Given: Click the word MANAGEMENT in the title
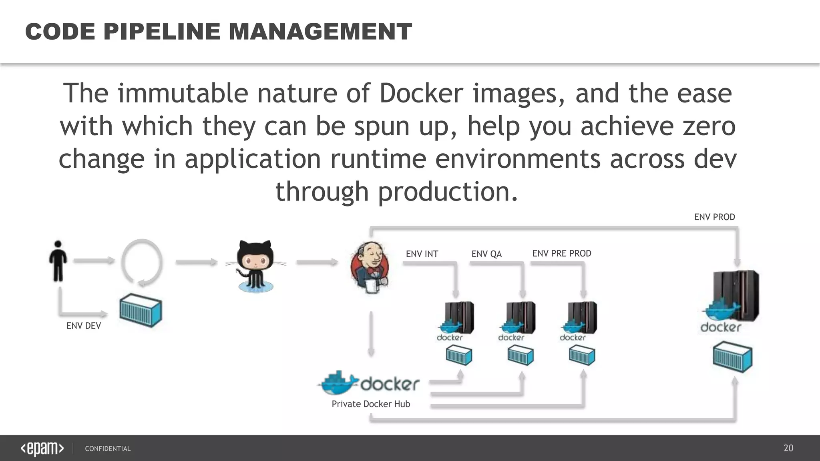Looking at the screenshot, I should (320, 32).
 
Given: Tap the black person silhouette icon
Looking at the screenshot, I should (58, 261).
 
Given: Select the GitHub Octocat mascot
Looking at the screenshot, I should (255, 266).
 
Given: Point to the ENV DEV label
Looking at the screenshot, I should (83, 326).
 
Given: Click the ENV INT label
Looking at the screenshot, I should (422, 254).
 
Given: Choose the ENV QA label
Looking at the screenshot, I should (486, 254).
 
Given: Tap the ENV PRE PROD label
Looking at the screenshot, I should (561, 253).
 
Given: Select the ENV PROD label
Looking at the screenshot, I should (714, 217).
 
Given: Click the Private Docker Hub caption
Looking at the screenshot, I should (371, 404).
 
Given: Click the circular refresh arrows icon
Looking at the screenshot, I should (142, 263).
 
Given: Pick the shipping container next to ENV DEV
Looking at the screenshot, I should (141, 311).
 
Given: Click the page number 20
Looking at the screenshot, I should (788, 448).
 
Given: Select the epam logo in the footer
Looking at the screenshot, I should (42, 449).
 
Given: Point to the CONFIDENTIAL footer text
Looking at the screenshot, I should (108, 449).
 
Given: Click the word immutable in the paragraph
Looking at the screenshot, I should (183, 93).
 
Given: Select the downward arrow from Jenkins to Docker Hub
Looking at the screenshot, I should (371, 334).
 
